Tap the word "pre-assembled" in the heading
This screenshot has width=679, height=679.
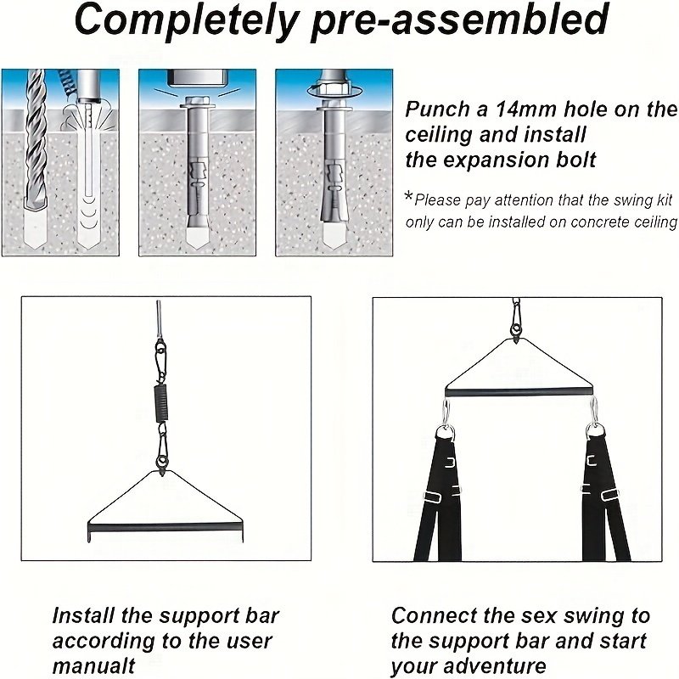460,20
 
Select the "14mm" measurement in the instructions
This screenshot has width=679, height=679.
525,109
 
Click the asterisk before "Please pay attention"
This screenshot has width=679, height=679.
408,197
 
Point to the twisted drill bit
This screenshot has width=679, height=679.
36,143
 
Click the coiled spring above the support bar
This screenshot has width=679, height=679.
161,402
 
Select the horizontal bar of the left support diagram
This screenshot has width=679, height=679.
166,528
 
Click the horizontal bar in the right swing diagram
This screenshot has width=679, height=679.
519,392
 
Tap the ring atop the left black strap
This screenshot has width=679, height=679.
445,433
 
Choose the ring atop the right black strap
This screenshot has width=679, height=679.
595,432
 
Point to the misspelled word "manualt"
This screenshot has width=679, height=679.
93,665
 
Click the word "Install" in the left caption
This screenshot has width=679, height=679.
82,615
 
